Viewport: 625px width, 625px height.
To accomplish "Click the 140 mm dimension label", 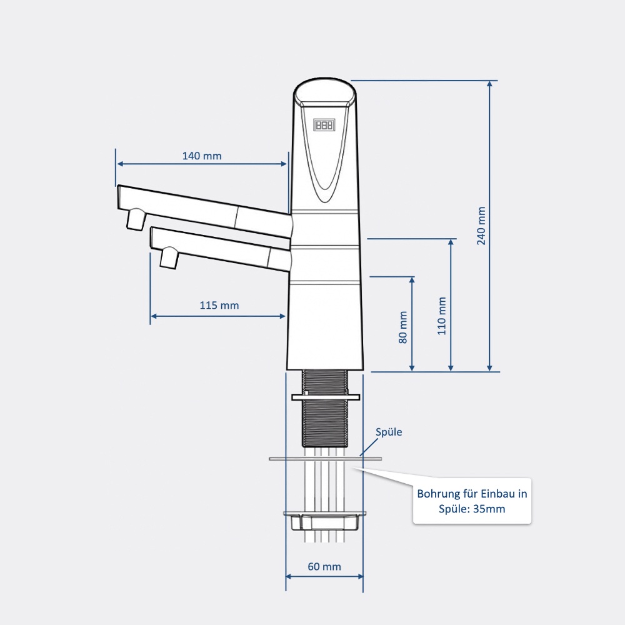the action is pos(202,156).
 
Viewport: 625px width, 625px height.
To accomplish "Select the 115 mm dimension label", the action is pos(219,306).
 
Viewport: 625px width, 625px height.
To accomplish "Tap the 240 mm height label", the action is pos(481,226).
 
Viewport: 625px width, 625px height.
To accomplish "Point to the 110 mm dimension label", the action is pos(442,316).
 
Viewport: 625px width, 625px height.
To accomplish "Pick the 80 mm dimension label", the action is pos(403,327).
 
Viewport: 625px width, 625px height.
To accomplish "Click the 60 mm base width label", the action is pos(324,566).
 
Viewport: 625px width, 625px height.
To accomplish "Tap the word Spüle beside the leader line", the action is pos(389,432).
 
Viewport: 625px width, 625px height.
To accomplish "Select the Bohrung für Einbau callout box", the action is pos(472,501).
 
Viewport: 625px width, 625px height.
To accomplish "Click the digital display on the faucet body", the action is pos(324,125).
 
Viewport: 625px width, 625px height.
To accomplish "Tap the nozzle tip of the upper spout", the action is pos(135,219).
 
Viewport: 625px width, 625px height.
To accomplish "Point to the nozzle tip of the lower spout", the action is pos(169,257).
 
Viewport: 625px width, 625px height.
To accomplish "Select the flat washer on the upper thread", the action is pos(326,397).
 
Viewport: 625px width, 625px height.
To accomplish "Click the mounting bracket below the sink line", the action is pos(324,521).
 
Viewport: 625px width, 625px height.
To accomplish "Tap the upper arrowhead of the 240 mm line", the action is pos(490,84).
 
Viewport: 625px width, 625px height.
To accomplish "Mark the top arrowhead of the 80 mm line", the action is pos(412,280).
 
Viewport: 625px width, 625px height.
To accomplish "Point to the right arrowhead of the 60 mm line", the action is pos(360,576).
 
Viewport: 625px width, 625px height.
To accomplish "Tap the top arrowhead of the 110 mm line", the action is pos(451,242).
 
